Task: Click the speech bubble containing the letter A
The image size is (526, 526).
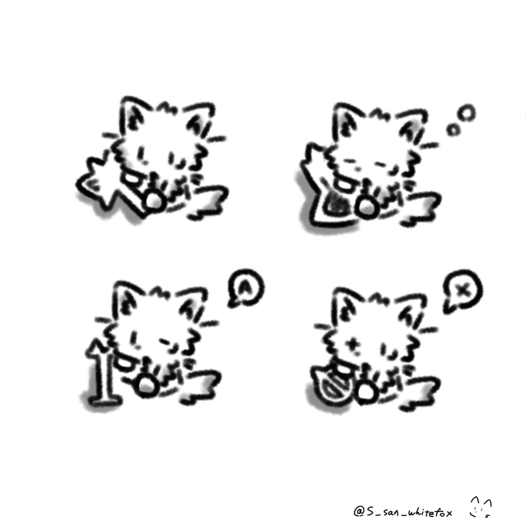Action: pos(246,288)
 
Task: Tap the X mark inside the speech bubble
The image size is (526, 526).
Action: pos(463,290)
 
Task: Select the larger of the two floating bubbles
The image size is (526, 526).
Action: pos(466,112)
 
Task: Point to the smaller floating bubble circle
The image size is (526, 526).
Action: pos(453,130)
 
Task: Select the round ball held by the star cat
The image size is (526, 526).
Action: pos(154,201)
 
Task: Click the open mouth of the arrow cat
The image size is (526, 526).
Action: pos(124,364)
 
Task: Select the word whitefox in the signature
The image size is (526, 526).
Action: pos(430,512)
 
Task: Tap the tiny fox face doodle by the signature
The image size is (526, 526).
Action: pos(481,507)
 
